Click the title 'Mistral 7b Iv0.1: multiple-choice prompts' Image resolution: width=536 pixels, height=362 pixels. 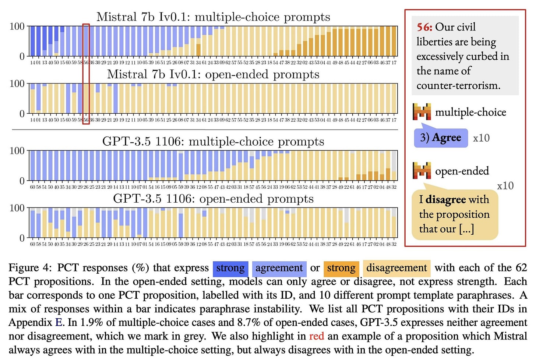[213, 17]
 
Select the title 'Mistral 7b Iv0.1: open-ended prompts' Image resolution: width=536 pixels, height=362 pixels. [213, 74]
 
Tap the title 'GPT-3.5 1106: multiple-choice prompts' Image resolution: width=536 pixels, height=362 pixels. [213, 142]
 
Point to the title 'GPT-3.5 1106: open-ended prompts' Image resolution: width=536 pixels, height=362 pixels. [213, 199]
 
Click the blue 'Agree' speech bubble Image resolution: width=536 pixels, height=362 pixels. [441, 138]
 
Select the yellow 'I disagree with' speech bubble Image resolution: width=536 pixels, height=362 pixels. [454, 214]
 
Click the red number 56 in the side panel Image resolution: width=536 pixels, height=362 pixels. [424, 27]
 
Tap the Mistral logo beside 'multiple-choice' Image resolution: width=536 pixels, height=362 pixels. [422, 112]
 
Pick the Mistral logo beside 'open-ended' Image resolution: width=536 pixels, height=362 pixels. [422, 170]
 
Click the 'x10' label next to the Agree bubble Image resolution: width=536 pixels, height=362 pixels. [481, 138]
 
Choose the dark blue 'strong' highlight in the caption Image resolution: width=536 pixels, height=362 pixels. [230, 268]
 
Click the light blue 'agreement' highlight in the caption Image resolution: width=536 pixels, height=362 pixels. [279, 268]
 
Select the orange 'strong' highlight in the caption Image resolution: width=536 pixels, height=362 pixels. [341, 268]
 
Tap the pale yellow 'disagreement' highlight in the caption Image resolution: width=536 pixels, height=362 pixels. [396, 268]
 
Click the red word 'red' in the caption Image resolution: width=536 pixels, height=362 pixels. [316, 336]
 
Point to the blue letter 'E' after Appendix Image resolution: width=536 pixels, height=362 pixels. [59, 323]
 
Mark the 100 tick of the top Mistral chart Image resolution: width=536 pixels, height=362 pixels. [17, 26]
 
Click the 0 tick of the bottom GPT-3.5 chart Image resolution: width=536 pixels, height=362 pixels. [22, 238]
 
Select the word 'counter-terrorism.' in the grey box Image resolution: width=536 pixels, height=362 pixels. [458, 86]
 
